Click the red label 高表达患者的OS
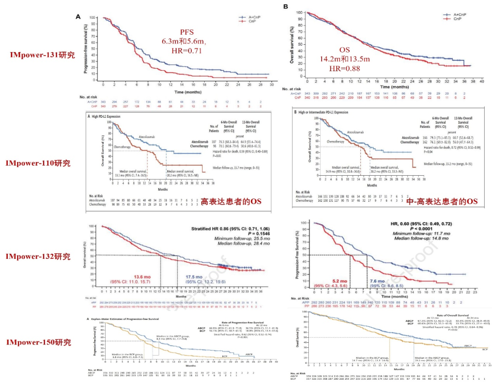[x=226, y=201]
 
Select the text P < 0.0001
[x=426, y=228]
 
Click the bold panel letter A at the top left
[x=78, y=16]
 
